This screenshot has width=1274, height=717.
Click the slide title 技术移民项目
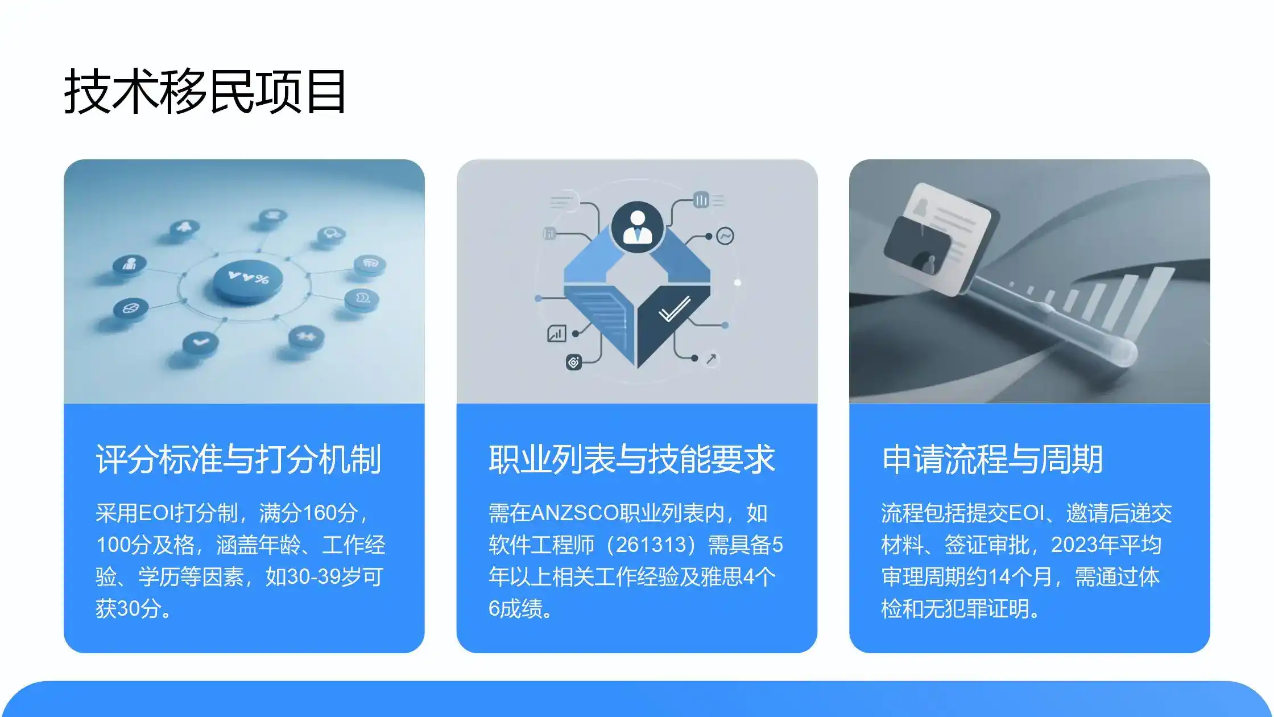coord(205,91)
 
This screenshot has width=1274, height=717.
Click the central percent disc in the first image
coord(248,280)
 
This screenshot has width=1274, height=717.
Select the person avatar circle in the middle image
coord(637,226)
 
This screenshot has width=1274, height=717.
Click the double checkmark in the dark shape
coord(674,310)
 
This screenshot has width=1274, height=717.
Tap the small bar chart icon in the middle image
coord(556,333)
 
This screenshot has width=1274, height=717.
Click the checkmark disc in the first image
coord(200,342)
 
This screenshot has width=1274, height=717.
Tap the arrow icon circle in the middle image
coord(711,359)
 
